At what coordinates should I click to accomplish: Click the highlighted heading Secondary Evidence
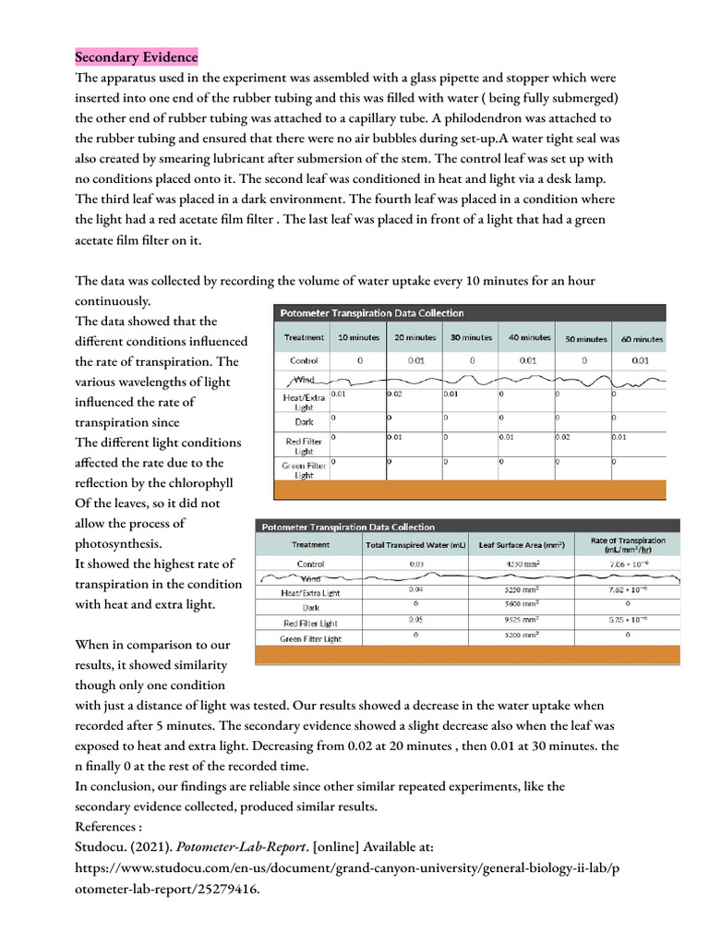[x=136, y=57]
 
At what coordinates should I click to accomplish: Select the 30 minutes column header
[x=471, y=338]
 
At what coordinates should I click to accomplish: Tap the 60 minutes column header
[x=641, y=339]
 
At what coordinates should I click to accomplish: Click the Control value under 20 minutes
[x=415, y=360]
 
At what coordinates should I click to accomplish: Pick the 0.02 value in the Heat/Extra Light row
[x=395, y=394]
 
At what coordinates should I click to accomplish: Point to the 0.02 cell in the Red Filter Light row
[x=563, y=436]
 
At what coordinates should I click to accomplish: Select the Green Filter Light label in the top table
[x=304, y=469]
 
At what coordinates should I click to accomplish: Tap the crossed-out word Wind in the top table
[x=304, y=380]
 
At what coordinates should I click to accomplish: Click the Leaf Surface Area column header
[x=522, y=545]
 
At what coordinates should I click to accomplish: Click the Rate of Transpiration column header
[x=629, y=545]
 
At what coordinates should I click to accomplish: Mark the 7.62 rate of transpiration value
[x=629, y=588]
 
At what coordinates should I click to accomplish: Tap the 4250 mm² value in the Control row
[x=522, y=563]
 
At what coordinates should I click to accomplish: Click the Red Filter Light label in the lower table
[x=310, y=623]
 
